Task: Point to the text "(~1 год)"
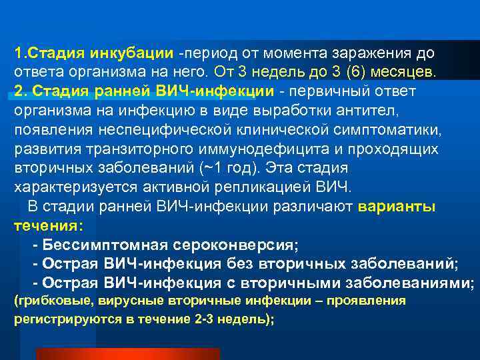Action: coord(235,168)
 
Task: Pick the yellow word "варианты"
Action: coord(397,207)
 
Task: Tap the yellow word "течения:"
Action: coord(45,226)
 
